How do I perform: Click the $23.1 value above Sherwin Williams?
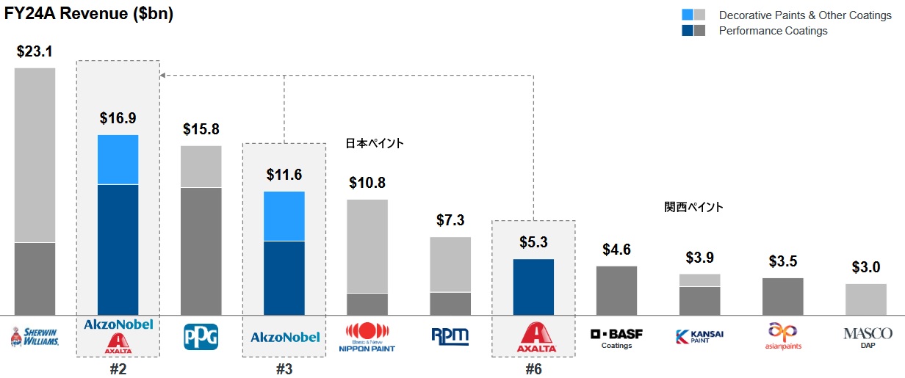tap(34, 51)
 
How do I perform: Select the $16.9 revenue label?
tap(118, 117)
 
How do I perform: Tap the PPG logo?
tap(201, 336)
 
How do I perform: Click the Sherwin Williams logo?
tap(34, 337)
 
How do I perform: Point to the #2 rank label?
tap(118, 369)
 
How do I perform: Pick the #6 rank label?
tap(533, 369)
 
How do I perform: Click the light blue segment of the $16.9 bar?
tap(118, 159)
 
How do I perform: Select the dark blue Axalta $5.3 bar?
tap(533, 287)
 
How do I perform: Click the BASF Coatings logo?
tap(616, 337)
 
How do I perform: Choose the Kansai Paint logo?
tap(699, 337)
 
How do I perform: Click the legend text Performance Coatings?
tap(773, 31)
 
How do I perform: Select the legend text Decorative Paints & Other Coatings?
tap(804, 15)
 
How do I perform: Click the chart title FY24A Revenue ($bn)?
tap(89, 15)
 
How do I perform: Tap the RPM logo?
tap(450, 336)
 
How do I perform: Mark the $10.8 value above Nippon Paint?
tap(367, 183)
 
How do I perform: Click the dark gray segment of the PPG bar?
tap(201, 251)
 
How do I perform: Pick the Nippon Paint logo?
tap(367, 337)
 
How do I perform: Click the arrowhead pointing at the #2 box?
tap(164, 75)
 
